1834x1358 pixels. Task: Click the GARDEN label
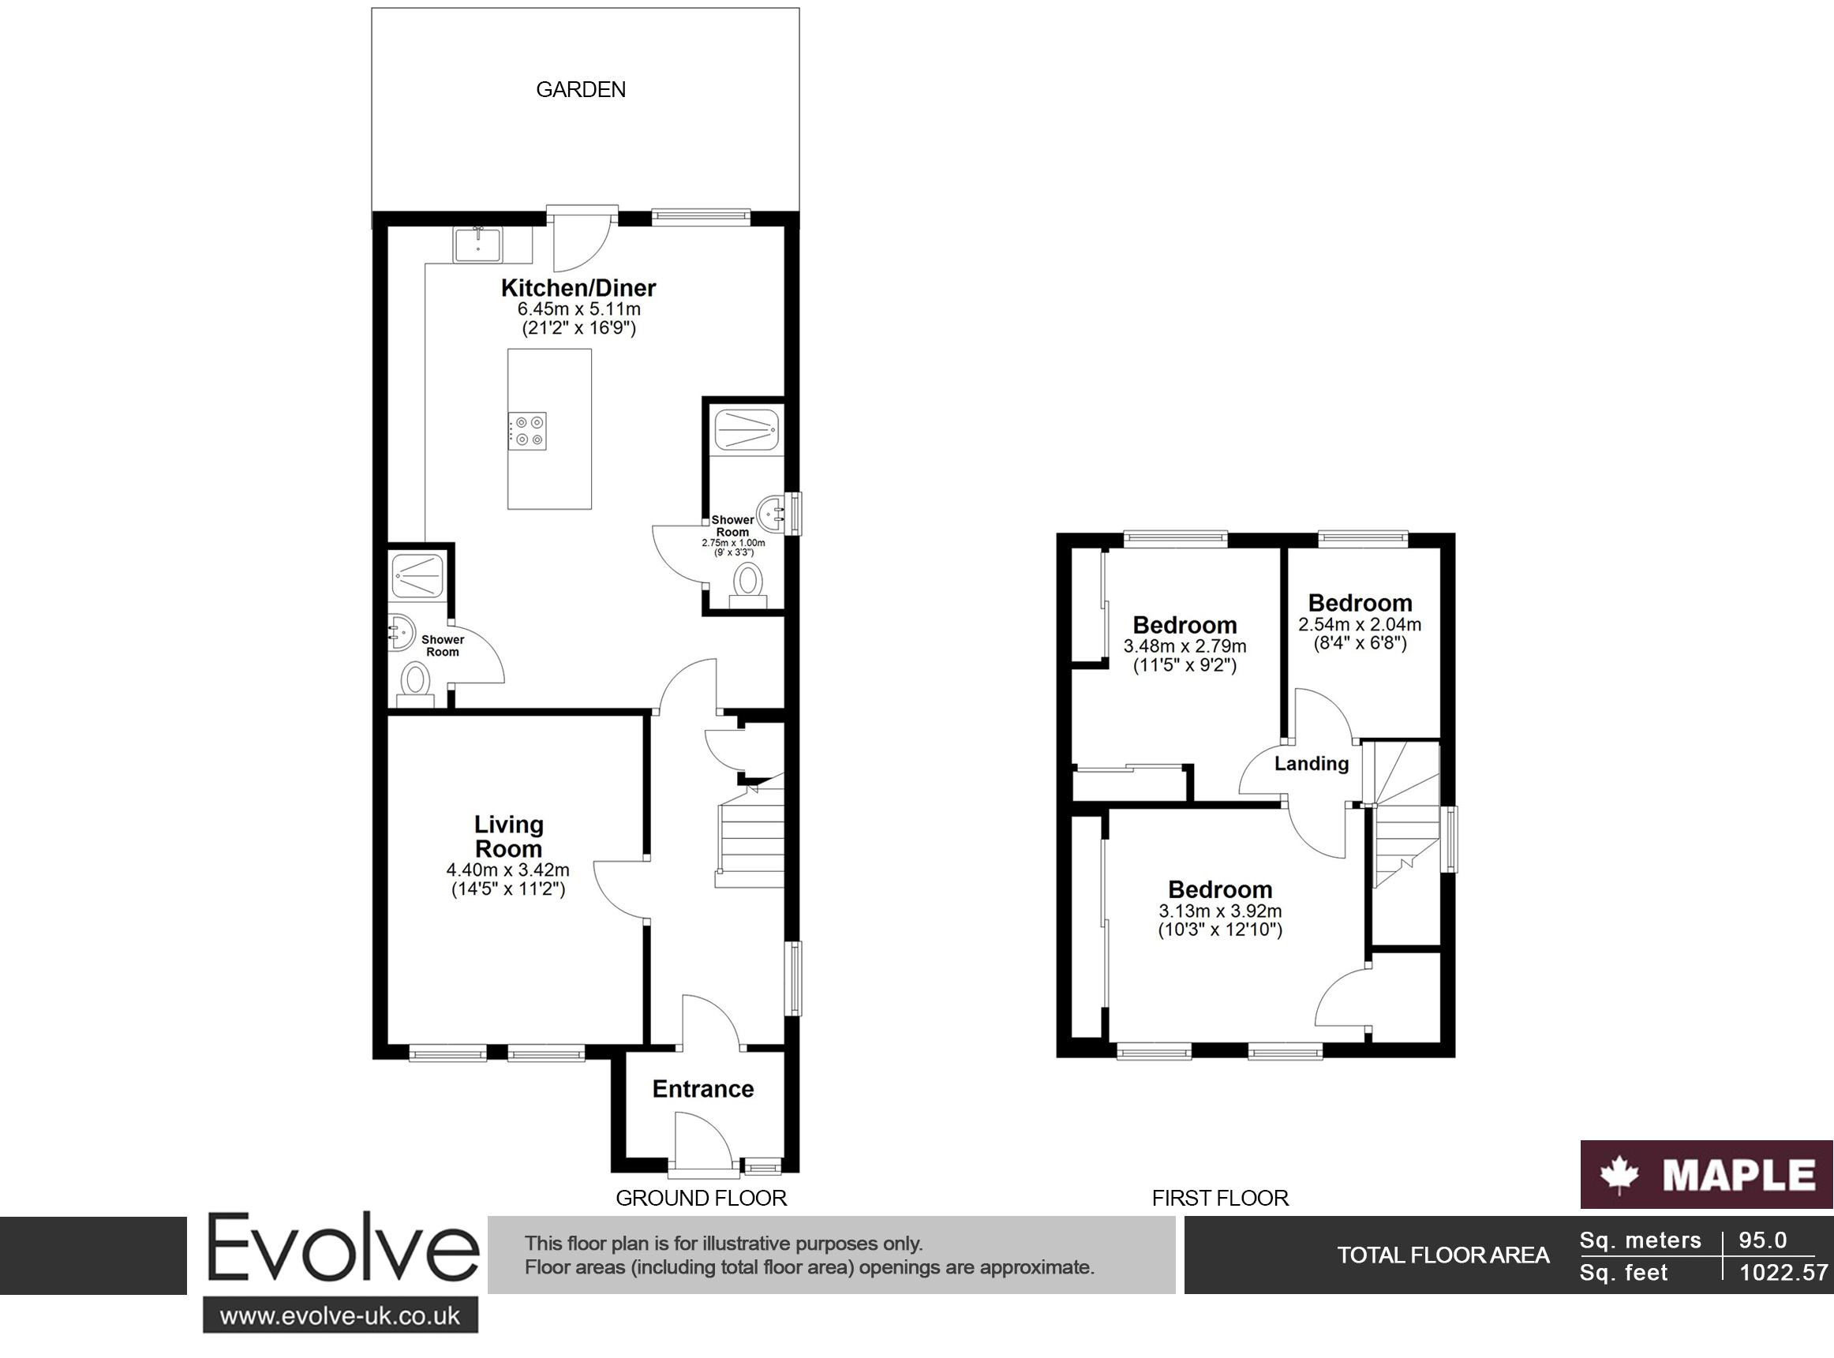click(580, 90)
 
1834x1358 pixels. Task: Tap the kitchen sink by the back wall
click(477, 244)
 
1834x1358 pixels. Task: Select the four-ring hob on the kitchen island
click(527, 432)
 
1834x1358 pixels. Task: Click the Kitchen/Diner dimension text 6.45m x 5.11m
click(578, 310)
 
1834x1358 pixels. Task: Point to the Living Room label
click(509, 836)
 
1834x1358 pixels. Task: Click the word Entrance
click(703, 1088)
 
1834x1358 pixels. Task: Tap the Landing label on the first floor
click(1311, 764)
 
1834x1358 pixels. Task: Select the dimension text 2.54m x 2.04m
click(1360, 625)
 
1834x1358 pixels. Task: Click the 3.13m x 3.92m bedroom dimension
click(1220, 911)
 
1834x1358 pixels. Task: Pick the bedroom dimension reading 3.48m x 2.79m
click(1185, 646)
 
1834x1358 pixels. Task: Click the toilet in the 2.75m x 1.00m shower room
click(747, 585)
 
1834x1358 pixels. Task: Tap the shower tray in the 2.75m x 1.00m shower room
click(747, 430)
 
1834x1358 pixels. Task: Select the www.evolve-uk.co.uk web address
click(340, 1316)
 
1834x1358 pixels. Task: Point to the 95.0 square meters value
click(1762, 1240)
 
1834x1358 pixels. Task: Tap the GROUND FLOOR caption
click(702, 1199)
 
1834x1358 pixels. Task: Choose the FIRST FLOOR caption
click(1220, 1199)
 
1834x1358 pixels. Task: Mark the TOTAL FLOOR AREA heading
click(1443, 1255)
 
